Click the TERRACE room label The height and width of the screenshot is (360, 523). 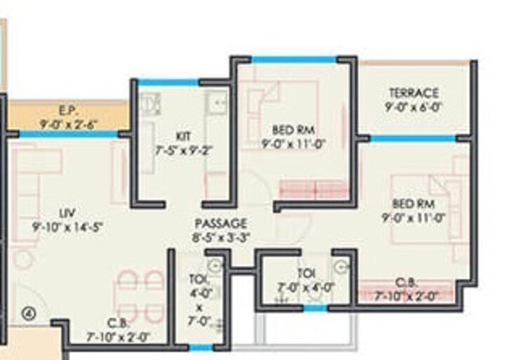point(414,93)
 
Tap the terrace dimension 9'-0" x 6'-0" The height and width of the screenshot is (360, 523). point(414,107)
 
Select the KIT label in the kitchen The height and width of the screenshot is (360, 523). point(183,135)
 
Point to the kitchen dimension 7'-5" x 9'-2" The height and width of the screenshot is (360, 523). point(183,149)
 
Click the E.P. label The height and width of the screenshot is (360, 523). point(69,111)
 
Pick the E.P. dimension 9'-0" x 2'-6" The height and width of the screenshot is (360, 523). point(69,124)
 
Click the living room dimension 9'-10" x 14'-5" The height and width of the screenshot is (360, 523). point(68,226)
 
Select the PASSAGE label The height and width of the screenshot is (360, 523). point(221,224)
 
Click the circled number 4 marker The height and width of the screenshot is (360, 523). point(29,314)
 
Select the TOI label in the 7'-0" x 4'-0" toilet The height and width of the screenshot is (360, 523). point(305,273)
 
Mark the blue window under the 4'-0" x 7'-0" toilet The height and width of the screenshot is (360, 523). point(201,347)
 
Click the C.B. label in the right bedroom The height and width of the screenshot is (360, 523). point(407,283)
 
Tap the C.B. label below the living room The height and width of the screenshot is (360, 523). point(117,323)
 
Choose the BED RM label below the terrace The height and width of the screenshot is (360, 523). point(413,204)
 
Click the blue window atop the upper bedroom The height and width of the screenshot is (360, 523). point(293,60)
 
